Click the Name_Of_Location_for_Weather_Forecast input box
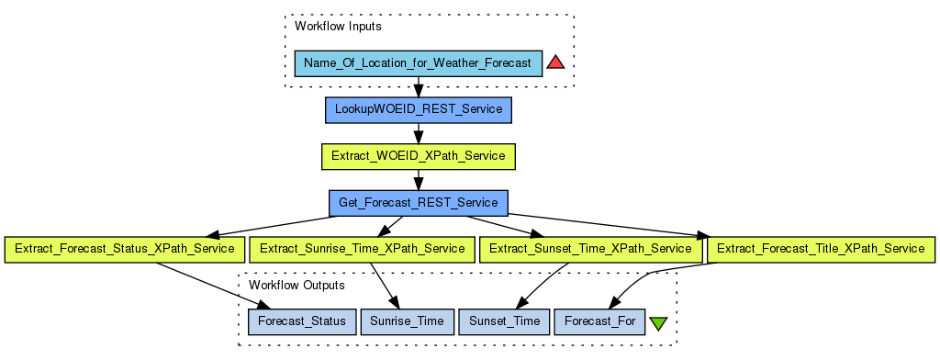pos(419,63)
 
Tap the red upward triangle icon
pos(555,62)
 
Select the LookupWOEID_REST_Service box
pos(419,110)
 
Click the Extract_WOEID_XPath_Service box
pos(419,156)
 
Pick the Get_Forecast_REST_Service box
pos(419,203)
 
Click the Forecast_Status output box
pos(302,321)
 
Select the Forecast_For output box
pos(599,321)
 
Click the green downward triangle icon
pos(658,323)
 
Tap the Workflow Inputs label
pos(338,27)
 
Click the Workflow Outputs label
pos(297,285)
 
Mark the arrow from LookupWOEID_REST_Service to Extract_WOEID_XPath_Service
pos(419,133)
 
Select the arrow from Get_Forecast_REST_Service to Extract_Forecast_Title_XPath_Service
pos(608,226)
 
